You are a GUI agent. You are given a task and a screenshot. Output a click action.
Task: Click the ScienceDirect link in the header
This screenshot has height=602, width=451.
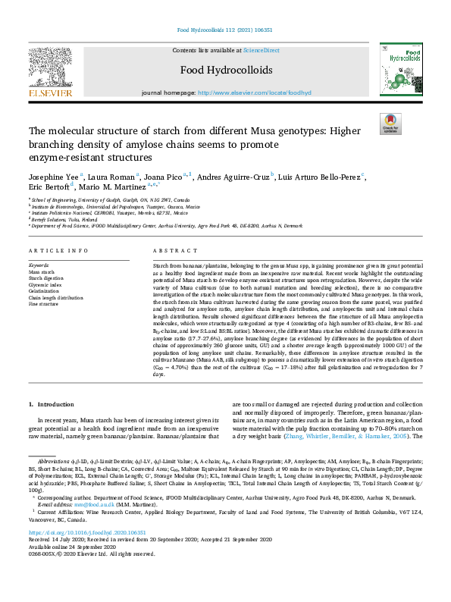click(261, 50)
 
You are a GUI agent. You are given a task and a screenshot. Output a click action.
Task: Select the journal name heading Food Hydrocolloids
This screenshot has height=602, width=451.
click(224, 71)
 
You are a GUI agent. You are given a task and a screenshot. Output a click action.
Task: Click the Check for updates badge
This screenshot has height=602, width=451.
click(390, 124)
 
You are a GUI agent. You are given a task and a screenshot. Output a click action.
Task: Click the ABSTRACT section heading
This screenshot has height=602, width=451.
click(170, 250)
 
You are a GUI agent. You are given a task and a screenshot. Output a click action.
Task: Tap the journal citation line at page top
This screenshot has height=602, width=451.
click(224, 30)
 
